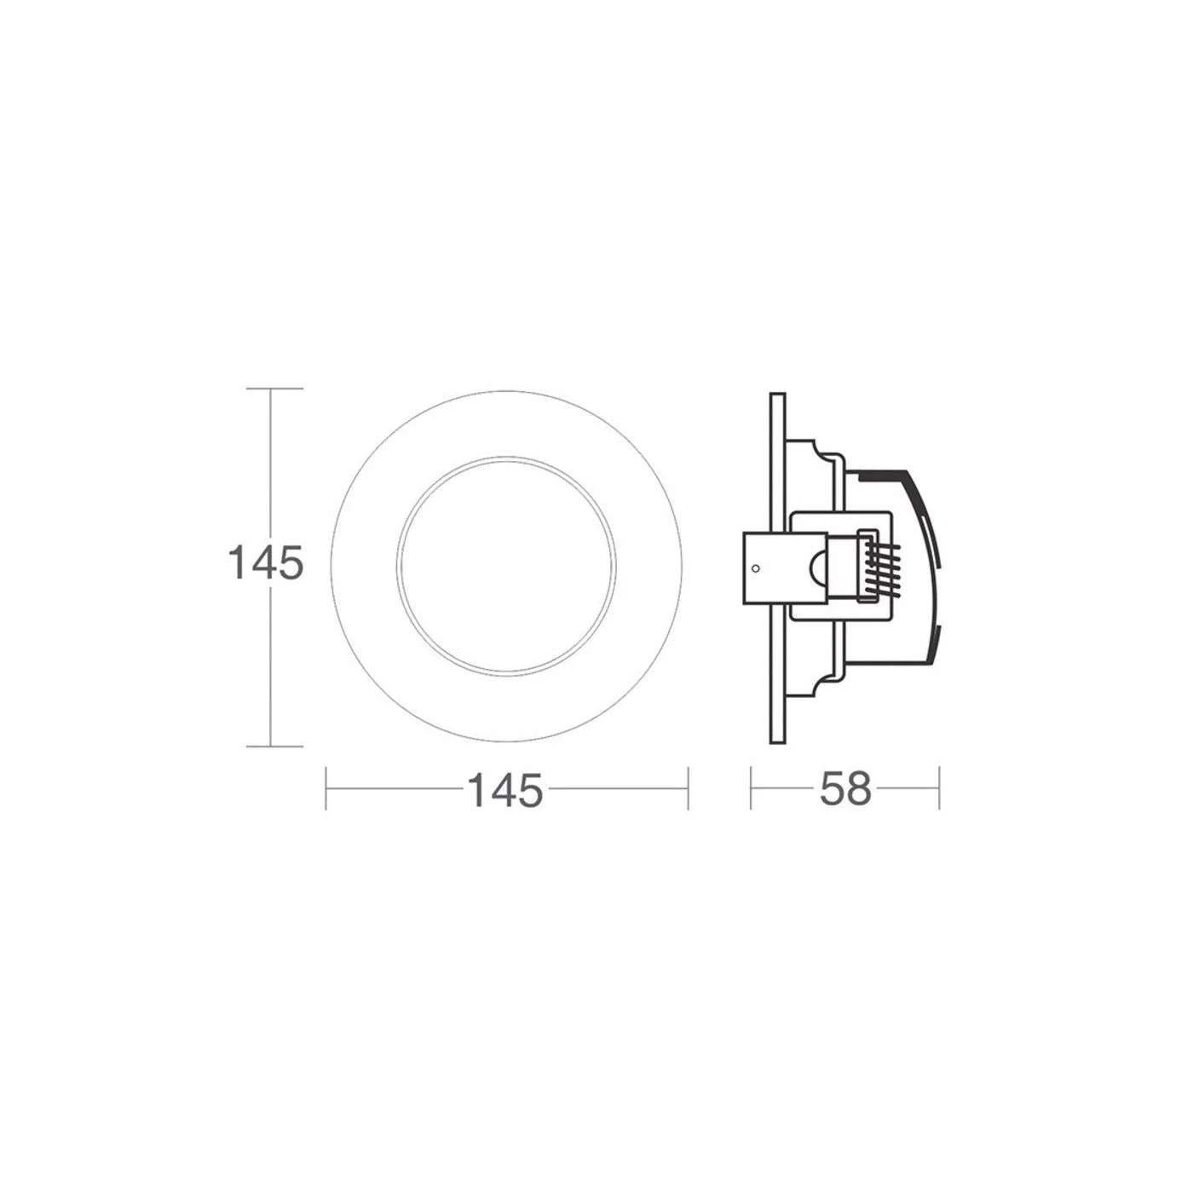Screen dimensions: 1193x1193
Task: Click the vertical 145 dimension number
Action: [266, 562]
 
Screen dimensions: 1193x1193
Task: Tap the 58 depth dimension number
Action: [845, 789]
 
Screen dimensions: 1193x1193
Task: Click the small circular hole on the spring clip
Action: [754, 568]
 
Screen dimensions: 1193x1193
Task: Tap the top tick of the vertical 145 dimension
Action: [275, 389]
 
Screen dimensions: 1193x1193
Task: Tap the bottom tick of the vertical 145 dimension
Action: [275, 746]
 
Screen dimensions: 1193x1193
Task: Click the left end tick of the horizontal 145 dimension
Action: [326, 788]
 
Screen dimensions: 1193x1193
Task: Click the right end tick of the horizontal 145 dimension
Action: [688, 788]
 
